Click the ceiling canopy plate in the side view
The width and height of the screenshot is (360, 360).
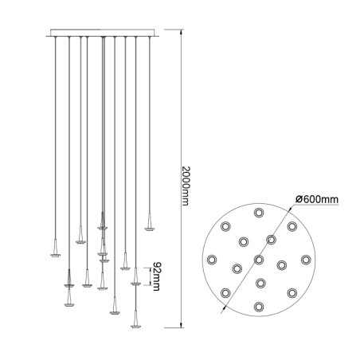click(x=102, y=34)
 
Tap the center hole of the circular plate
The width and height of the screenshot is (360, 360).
click(x=259, y=259)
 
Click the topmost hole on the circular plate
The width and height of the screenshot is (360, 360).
click(x=259, y=213)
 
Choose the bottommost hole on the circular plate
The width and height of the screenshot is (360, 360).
click(x=259, y=306)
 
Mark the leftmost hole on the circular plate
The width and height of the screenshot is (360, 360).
click(x=212, y=259)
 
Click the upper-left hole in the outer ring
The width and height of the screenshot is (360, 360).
click(x=226, y=226)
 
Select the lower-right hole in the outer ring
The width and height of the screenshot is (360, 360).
click(x=292, y=292)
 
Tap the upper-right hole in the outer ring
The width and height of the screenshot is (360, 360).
click(x=292, y=226)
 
